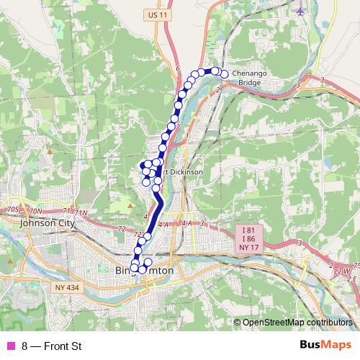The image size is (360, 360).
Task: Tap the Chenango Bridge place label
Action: (253, 78)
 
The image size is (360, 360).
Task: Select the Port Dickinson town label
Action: (181, 172)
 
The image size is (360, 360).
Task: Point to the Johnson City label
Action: (48, 223)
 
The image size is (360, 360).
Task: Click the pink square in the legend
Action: (10, 347)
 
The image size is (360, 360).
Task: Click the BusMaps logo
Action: (323, 346)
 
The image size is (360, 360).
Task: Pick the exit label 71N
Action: (80, 213)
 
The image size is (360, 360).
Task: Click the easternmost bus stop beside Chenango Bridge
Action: (224, 74)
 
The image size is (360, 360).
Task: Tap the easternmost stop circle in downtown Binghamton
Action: (149, 263)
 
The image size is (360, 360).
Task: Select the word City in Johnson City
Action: (65, 223)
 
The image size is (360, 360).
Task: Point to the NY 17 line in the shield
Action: (247, 247)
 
